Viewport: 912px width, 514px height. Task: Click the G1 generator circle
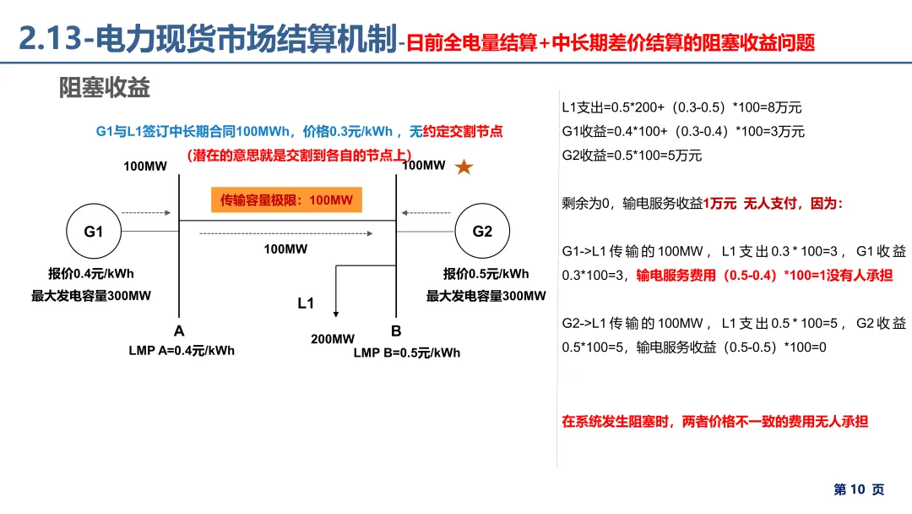[x=93, y=232]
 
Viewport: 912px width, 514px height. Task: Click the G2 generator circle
[x=482, y=232]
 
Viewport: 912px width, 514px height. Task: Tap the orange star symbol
[x=464, y=167]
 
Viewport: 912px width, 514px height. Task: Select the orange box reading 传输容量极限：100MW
[x=286, y=200]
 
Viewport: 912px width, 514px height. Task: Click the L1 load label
[x=306, y=303]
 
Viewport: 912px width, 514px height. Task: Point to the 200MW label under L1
[x=333, y=339]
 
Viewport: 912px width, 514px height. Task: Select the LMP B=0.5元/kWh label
[x=407, y=353]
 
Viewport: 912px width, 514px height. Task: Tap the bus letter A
[x=179, y=331]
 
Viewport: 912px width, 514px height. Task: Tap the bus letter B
[x=396, y=331]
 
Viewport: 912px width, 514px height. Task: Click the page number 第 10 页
[x=859, y=489]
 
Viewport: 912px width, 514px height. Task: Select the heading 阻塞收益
[x=105, y=88]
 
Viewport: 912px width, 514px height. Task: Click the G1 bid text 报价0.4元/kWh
[x=91, y=273]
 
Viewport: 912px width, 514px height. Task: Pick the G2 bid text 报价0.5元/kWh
[x=486, y=273]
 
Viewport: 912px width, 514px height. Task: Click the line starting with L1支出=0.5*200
[x=681, y=107]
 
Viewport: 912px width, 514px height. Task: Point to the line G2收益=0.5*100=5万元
[x=632, y=156]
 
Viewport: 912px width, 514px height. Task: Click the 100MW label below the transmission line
[x=285, y=249]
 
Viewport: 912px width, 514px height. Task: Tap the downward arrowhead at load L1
[x=337, y=315]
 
